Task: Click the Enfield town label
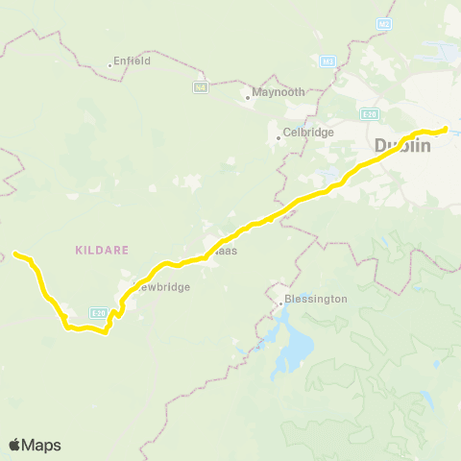(132, 61)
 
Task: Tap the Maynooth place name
(279, 92)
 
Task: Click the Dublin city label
(402, 146)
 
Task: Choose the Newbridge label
(162, 286)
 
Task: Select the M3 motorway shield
(329, 62)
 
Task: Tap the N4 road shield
(200, 87)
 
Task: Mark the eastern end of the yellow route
(446, 129)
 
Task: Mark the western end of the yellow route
(14, 254)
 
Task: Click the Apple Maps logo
(35, 445)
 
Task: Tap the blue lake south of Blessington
(294, 349)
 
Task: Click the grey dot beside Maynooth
(247, 96)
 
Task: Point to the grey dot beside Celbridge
(279, 137)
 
